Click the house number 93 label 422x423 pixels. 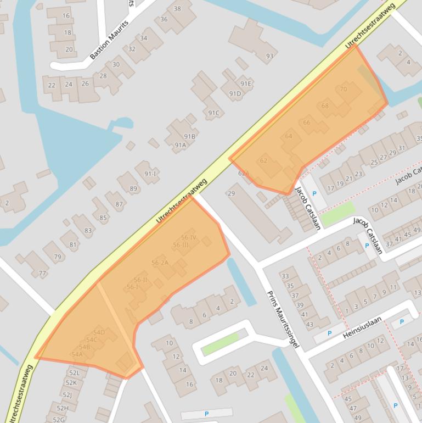[269, 56]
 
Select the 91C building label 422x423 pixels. [213, 114]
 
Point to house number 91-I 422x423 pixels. [150, 174]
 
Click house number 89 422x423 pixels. [133, 189]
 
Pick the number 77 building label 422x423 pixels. [42, 273]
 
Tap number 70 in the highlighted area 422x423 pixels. [344, 89]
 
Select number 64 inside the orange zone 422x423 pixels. [289, 136]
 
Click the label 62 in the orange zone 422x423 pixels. [263, 160]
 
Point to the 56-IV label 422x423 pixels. [185, 238]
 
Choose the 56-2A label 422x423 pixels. [160, 263]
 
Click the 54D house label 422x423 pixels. [99, 332]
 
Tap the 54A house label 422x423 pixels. [77, 354]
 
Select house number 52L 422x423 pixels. [74, 373]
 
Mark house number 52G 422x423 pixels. [59, 420]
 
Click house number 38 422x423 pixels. [177, 9]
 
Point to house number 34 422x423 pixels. [144, 38]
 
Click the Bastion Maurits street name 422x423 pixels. [109, 40]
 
